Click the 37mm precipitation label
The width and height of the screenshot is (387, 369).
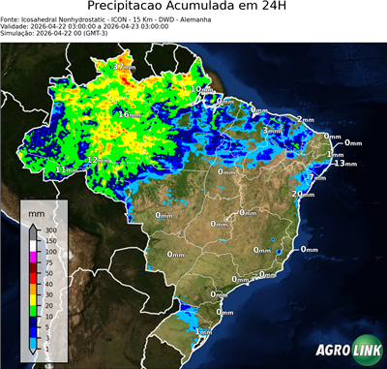[x=124, y=68]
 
